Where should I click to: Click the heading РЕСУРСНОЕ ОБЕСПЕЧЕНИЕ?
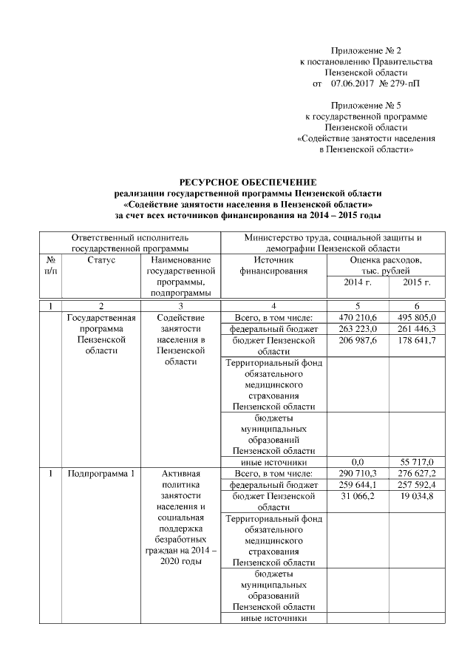[x=248, y=182]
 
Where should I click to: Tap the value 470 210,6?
[x=358, y=318]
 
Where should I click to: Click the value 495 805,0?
[x=418, y=318]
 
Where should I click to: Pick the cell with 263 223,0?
[x=358, y=329]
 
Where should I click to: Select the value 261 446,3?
[x=418, y=329]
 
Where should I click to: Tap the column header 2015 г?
[x=418, y=282]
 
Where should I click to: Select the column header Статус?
[x=101, y=260]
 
